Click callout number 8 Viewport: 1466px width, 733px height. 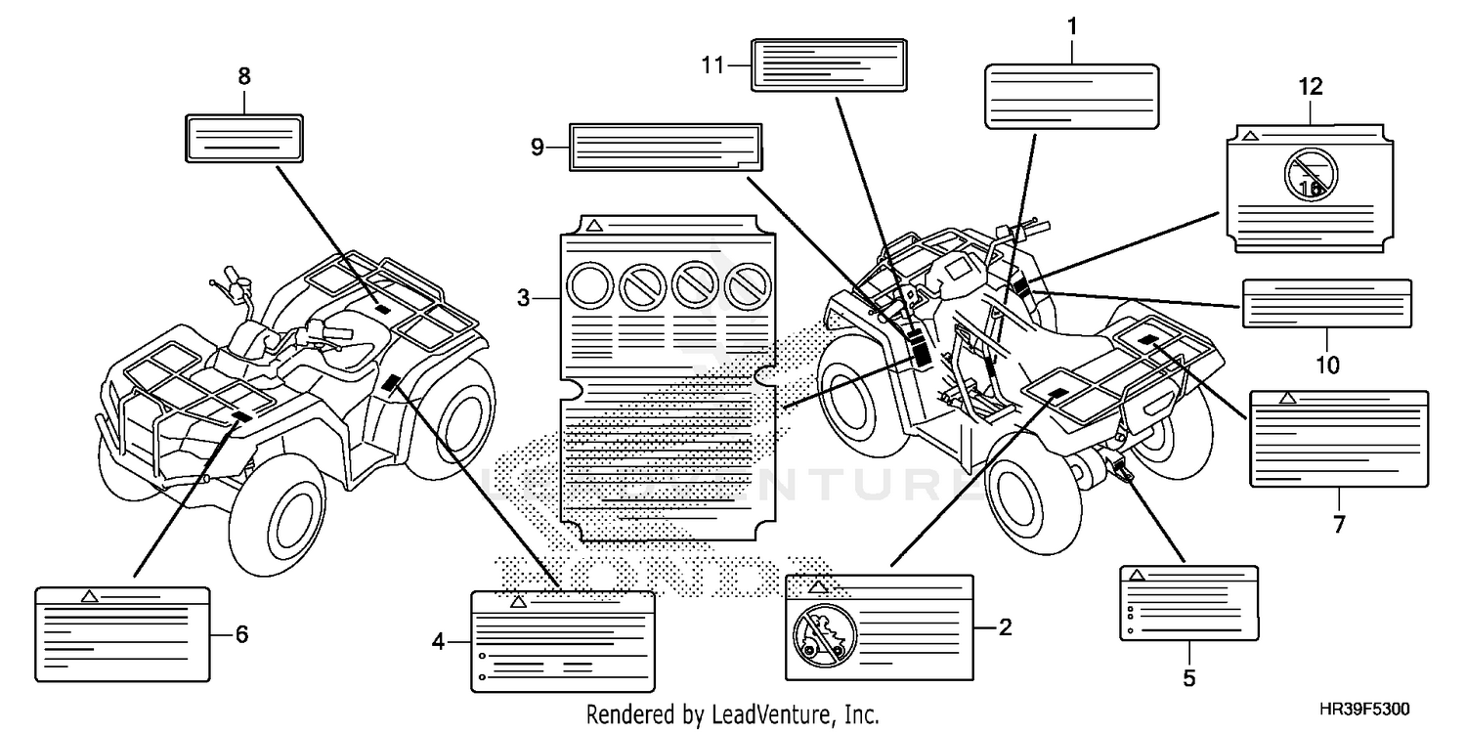coord(243,74)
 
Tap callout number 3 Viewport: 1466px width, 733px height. coord(524,296)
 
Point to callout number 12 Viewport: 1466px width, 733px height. coord(1310,86)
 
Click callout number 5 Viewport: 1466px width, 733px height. coord(1188,676)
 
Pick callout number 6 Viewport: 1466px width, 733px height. coord(241,634)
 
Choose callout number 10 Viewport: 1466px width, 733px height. coord(1326,365)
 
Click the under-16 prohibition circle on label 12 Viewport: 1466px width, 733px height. coord(1311,176)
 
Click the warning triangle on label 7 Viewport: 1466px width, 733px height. coord(1287,398)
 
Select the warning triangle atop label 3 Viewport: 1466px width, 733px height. coord(593,226)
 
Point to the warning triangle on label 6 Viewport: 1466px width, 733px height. coord(89,595)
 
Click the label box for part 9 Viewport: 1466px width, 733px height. coord(665,148)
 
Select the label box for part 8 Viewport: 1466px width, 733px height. coord(243,137)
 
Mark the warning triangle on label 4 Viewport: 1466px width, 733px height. coord(518,602)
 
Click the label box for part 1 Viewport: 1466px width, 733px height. coord(1071,96)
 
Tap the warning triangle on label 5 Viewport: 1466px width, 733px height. coord(1137,576)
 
